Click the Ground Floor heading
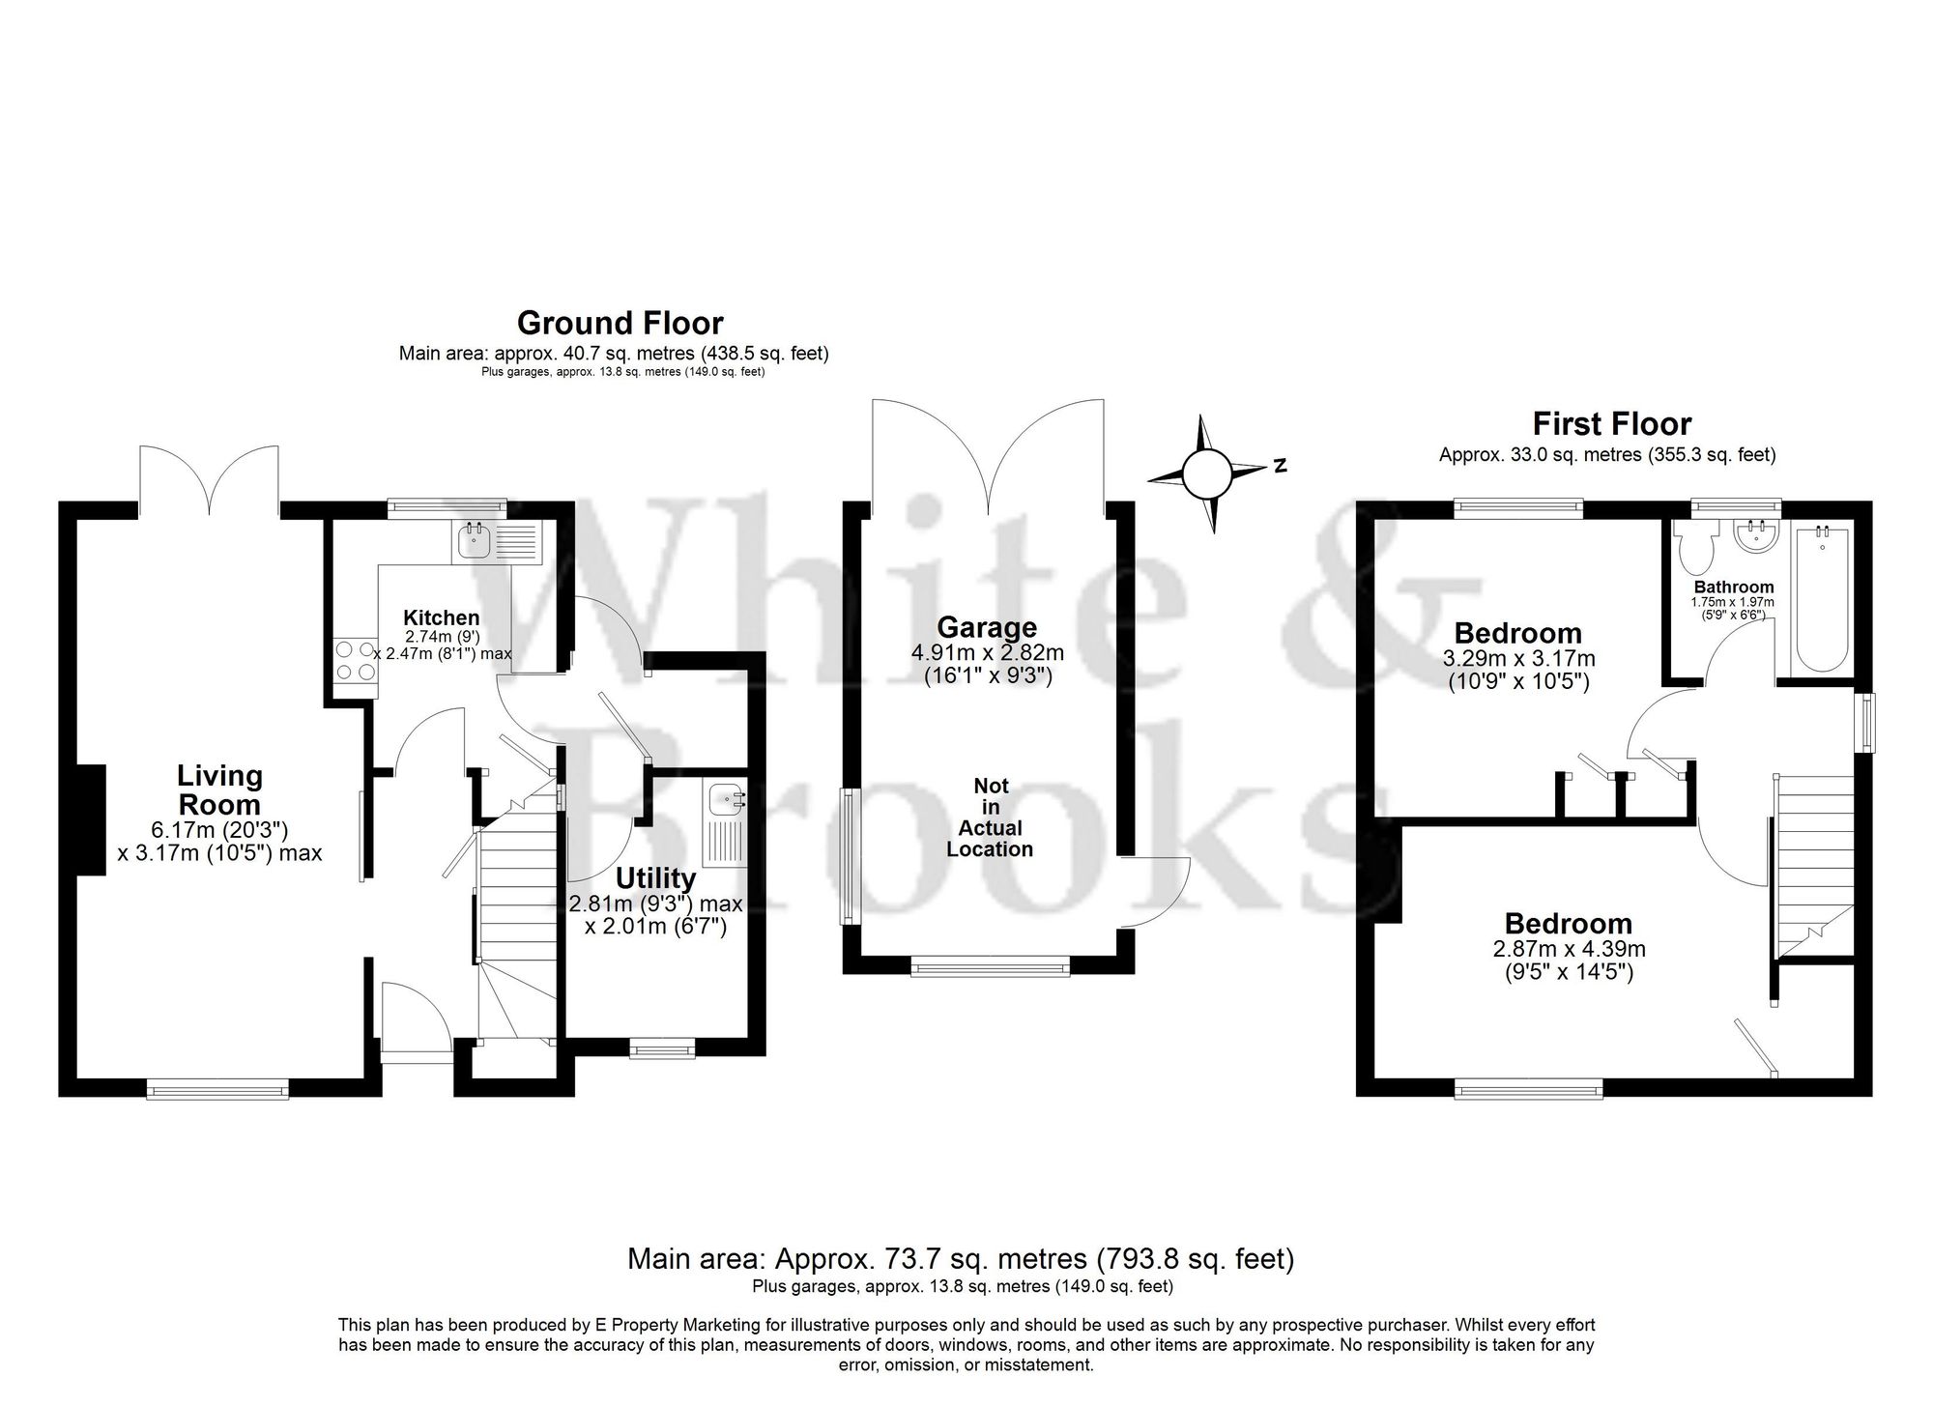(x=620, y=323)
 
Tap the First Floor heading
(x=1611, y=424)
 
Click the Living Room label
(x=219, y=790)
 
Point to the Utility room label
(x=655, y=878)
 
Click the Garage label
(x=986, y=629)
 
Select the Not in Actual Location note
(x=990, y=818)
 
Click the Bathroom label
(x=1734, y=587)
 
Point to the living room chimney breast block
(x=90, y=819)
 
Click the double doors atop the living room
(x=210, y=477)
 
